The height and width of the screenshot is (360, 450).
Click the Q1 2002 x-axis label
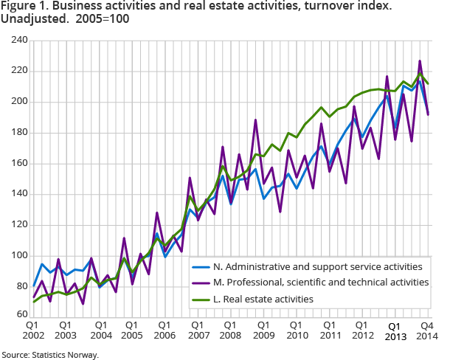[x=32, y=330]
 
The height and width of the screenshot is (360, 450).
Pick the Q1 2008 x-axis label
[x=227, y=330]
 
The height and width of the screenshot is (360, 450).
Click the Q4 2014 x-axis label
[x=426, y=330]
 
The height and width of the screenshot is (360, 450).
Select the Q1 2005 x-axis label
[x=130, y=330]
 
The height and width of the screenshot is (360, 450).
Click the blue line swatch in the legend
[x=201, y=266]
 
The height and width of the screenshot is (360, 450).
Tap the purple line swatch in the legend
[x=201, y=283]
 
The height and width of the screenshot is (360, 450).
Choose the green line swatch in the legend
[x=201, y=299]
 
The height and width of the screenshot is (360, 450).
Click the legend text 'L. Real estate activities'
[x=260, y=299]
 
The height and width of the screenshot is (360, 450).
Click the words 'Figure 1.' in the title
[x=25, y=7]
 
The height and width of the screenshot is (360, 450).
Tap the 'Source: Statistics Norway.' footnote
[x=50, y=355]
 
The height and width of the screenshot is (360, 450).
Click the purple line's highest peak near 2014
[x=420, y=61]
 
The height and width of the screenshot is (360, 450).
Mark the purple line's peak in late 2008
[x=255, y=120]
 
